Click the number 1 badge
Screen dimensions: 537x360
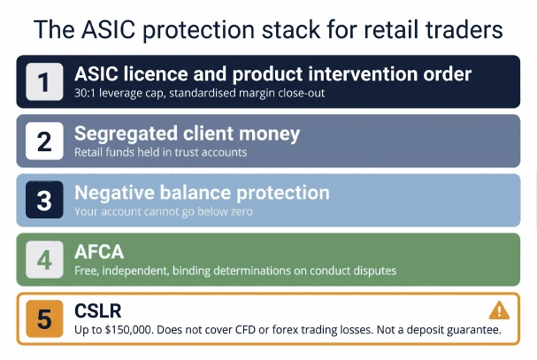44,81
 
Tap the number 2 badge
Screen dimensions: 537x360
44,141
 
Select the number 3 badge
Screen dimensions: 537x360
44,200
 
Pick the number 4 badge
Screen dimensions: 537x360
44,259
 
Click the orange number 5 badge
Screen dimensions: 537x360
44,319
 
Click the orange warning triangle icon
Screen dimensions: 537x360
499,310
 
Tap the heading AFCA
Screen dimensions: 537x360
99,252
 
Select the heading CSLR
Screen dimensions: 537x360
98,311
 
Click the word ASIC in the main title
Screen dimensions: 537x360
108,29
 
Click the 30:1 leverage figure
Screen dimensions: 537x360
85,93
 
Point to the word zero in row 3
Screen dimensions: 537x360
242,211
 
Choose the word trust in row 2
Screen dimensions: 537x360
187,152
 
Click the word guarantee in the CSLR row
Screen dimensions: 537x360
474,330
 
